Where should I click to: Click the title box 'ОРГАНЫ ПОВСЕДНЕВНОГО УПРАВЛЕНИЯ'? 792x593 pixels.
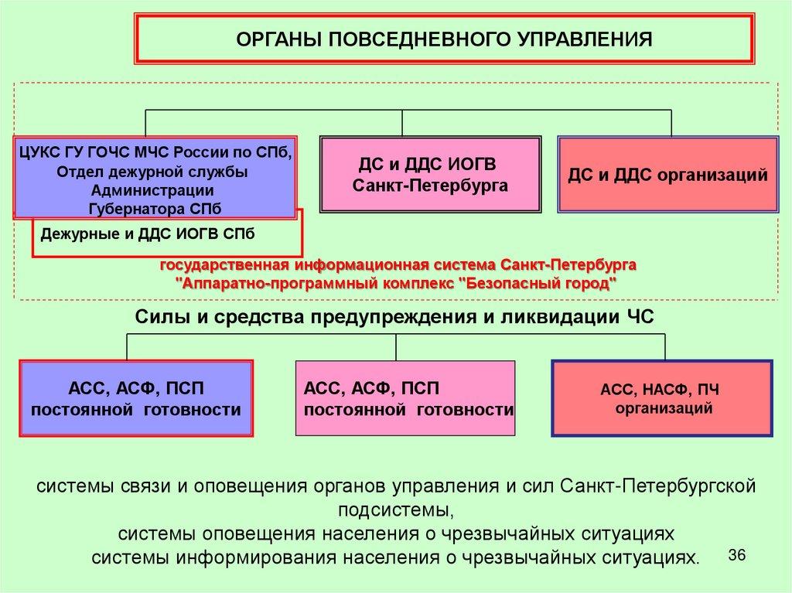tap(445, 39)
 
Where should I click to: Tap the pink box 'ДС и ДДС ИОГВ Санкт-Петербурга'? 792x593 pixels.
tap(430, 175)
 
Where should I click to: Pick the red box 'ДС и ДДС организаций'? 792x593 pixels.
tap(667, 175)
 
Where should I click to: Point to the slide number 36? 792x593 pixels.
tap(736, 556)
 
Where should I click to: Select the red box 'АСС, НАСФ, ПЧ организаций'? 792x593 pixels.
tap(663, 398)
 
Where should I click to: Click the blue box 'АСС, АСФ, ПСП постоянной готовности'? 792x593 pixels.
tap(136, 399)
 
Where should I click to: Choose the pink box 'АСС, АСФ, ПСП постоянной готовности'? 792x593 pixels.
tap(405, 399)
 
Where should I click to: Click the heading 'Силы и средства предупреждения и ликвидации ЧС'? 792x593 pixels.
tap(394, 317)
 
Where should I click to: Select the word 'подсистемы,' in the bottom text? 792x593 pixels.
tap(395, 510)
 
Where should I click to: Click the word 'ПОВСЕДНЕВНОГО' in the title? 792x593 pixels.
tap(420, 39)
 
